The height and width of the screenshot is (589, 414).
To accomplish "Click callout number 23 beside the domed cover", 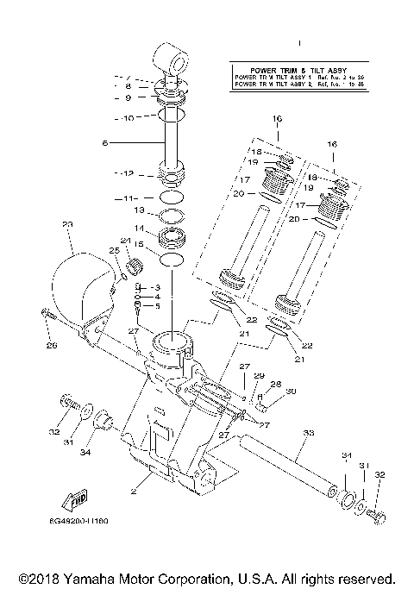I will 68,224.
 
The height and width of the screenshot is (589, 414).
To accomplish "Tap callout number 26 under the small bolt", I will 51,346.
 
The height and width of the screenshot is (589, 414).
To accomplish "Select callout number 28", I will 276,384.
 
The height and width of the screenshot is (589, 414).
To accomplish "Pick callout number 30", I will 291,392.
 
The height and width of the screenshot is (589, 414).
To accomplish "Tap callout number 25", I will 112,251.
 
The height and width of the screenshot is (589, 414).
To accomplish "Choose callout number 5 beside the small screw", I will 157,306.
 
